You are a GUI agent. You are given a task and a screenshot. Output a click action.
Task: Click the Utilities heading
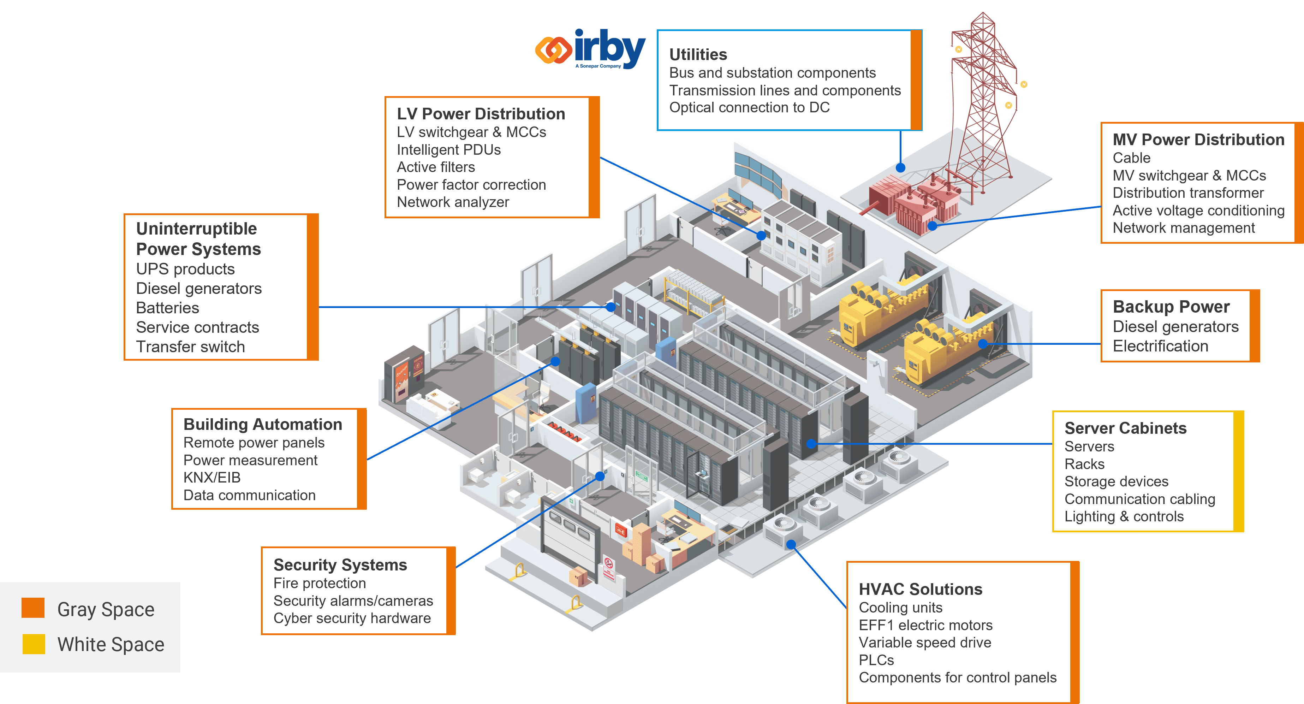coord(698,54)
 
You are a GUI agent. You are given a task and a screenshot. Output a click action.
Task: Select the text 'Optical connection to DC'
coord(749,107)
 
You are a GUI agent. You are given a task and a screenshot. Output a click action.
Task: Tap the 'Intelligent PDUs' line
coord(448,149)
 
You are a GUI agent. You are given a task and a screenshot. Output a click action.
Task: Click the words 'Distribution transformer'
coord(1187,193)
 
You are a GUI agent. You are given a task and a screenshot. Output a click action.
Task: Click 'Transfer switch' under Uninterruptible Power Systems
coord(190,347)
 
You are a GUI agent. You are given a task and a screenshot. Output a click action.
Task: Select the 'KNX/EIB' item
coord(212,477)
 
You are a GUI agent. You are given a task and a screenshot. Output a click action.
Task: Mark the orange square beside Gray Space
coord(33,608)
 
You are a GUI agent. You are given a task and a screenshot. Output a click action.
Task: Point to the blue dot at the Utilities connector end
coord(900,168)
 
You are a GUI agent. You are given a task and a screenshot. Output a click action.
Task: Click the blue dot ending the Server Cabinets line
coord(811,444)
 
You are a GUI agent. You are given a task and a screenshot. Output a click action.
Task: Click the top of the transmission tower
coord(982,15)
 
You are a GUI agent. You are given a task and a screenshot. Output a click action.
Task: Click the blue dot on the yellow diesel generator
coord(983,344)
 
